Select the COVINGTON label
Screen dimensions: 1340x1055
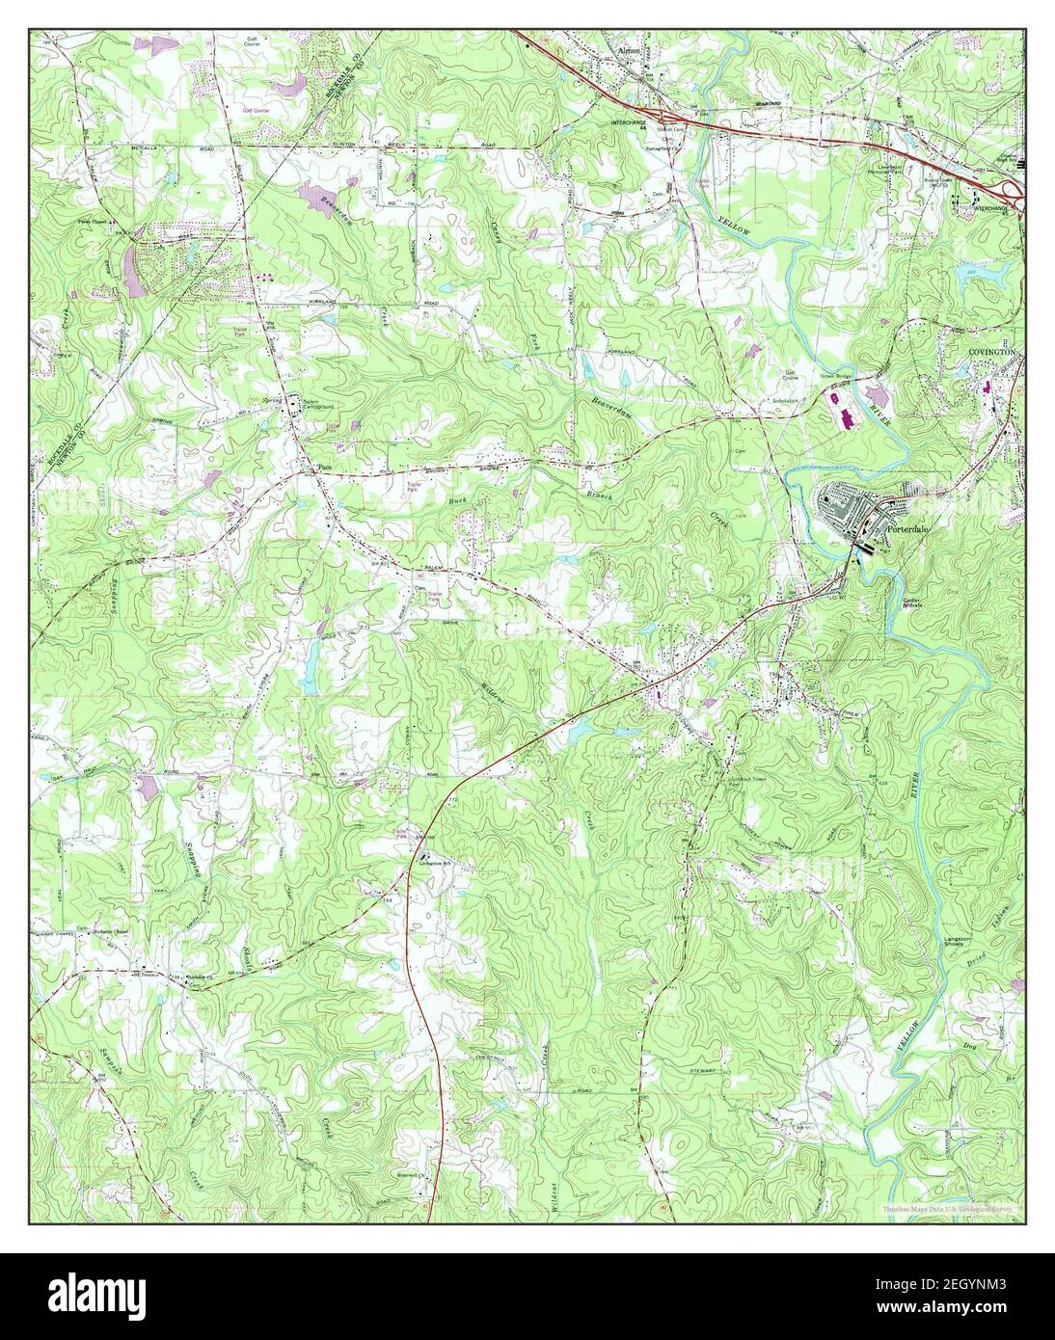coord(993,355)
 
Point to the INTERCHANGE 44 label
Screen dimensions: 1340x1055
coord(633,125)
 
